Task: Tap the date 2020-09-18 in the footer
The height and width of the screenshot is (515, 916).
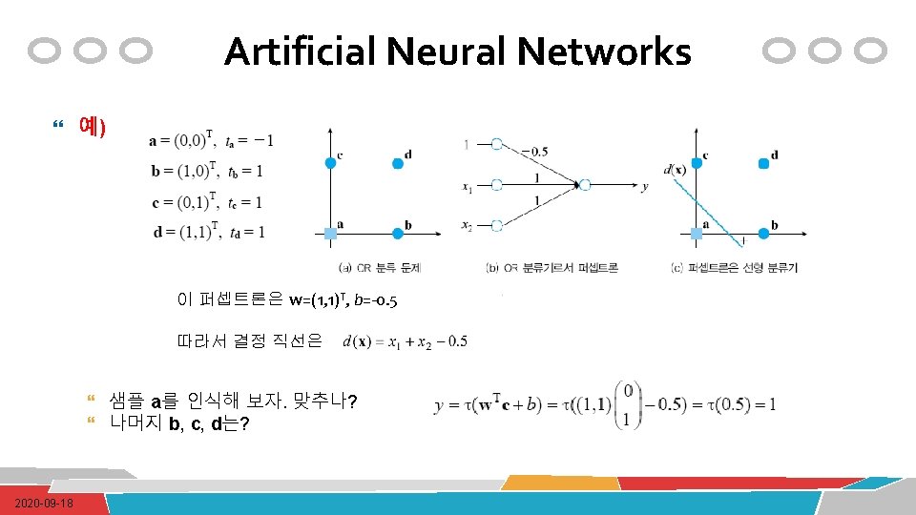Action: click(x=45, y=503)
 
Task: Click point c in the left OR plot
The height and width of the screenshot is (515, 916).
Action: click(x=330, y=163)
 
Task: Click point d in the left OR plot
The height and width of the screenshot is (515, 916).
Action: click(x=398, y=163)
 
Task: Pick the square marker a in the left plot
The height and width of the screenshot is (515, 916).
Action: click(x=330, y=233)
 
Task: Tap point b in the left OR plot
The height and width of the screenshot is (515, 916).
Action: click(x=398, y=233)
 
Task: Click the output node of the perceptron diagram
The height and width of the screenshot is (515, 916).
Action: click(x=584, y=185)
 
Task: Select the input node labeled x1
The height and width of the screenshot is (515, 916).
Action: click(x=496, y=185)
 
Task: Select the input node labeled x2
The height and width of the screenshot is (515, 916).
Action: click(x=496, y=225)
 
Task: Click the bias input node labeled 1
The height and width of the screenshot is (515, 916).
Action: click(x=496, y=144)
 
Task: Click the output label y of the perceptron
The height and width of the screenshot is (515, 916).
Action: click(x=645, y=187)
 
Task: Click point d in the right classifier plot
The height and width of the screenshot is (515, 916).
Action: click(x=763, y=163)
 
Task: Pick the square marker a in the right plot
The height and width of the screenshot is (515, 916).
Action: click(x=696, y=233)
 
